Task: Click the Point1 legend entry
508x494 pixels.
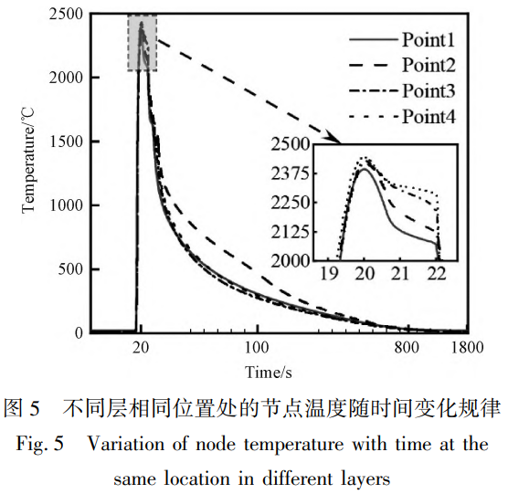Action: (429, 40)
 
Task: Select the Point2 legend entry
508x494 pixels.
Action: (429, 65)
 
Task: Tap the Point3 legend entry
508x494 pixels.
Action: (429, 90)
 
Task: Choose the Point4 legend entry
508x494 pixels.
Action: (429, 116)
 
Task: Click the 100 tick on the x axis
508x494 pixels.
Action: (257, 348)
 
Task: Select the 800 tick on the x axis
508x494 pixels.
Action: (407, 348)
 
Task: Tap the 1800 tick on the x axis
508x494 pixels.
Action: (467, 348)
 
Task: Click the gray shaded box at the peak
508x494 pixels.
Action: (142, 42)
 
